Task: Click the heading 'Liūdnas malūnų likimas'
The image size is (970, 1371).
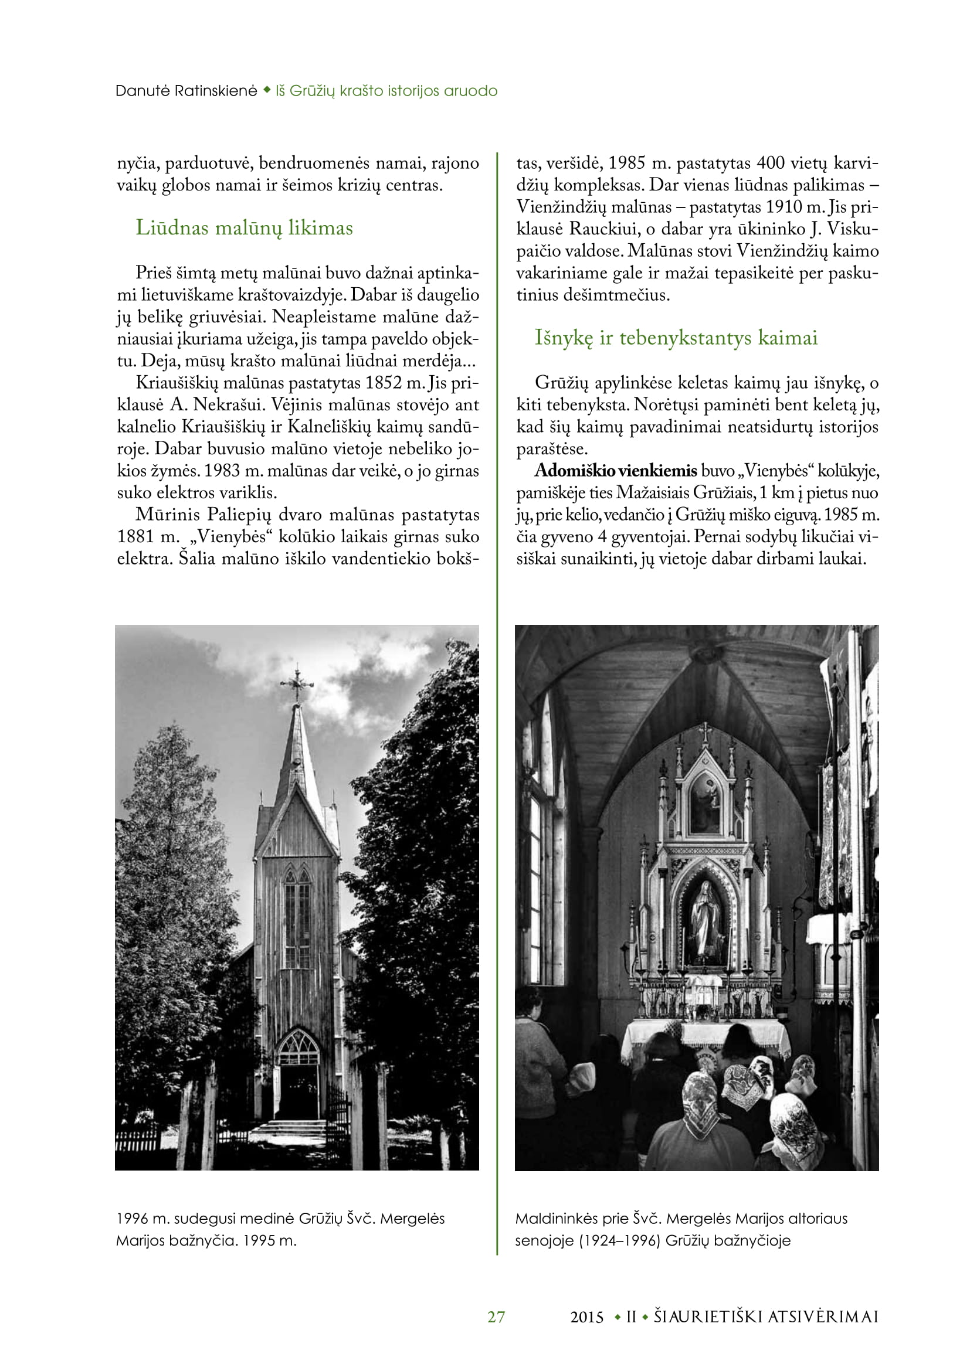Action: [x=245, y=228]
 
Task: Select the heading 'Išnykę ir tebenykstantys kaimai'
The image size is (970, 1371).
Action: [x=676, y=338]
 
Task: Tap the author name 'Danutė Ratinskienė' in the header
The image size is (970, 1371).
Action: [x=186, y=91]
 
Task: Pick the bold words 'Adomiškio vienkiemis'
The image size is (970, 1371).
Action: [x=615, y=471]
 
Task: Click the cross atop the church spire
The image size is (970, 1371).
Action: [x=297, y=686]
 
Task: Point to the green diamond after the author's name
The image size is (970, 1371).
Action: [x=266, y=90]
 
